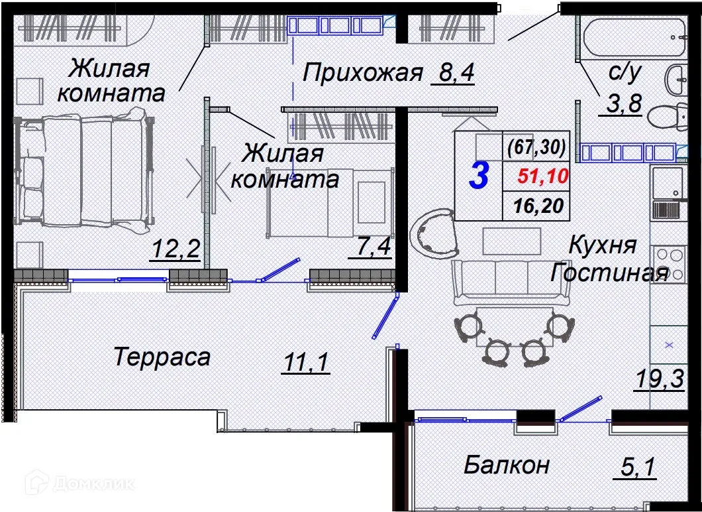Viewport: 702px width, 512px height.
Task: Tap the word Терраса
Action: pos(162,357)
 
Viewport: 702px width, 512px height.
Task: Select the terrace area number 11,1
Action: pos(305,363)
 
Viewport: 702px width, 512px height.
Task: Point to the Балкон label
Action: pos(506,465)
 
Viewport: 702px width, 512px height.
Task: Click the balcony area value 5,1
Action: pos(638,467)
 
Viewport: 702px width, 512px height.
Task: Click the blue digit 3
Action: pos(479,176)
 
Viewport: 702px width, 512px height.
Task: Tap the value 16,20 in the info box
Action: pos(538,206)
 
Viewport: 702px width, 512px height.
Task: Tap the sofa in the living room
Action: pos(510,281)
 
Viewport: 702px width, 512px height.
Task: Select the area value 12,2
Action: pos(176,251)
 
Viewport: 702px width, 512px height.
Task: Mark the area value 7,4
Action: pos(373,251)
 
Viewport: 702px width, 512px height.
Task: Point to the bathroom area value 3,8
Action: pos(621,104)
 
